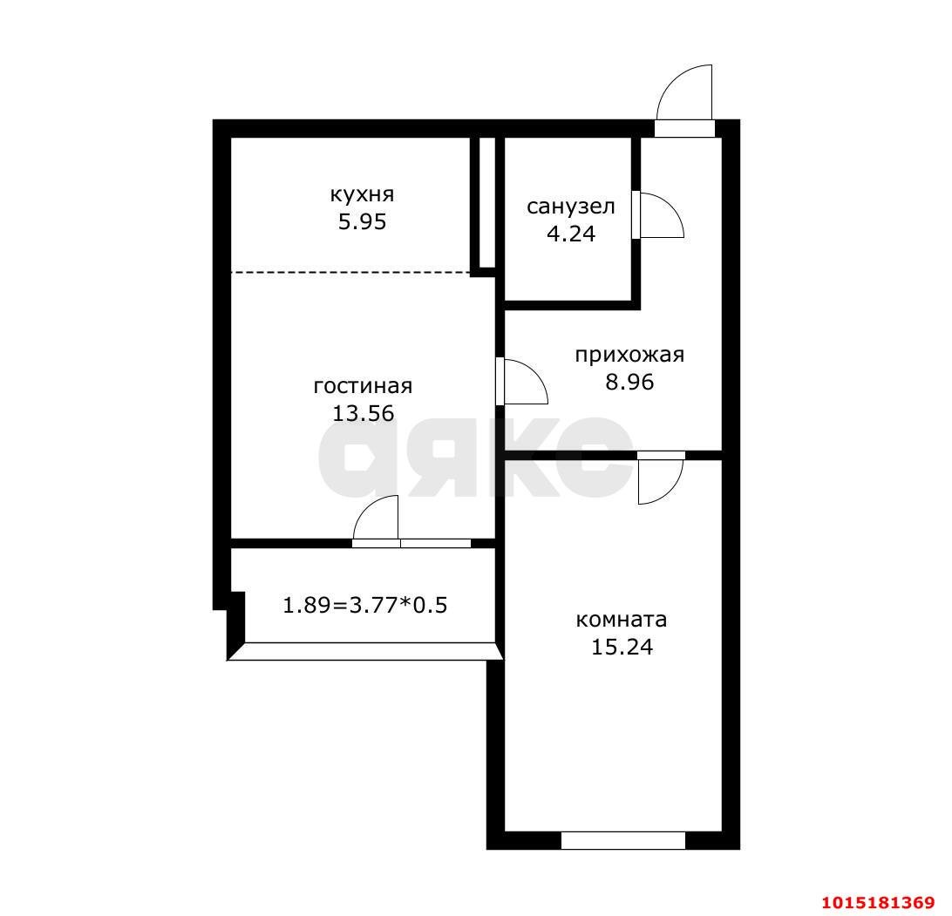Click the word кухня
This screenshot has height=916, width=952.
click(x=362, y=194)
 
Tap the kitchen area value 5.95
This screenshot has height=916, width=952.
click(x=362, y=221)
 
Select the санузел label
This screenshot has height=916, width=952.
click(x=571, y=207)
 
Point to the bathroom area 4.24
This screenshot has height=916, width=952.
click(x=571, y=234)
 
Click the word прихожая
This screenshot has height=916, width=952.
click(x=629, y=355)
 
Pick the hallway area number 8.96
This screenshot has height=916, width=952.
click(x=629, y=382)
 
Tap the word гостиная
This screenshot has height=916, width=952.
click(x=363, y=386)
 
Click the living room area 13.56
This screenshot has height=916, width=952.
click(x=363, y=413)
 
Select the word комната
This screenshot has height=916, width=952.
click(x=621, y=620)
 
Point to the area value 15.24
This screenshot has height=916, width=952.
click(x=622, y=647)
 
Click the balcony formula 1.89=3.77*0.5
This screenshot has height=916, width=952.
click(x=365, y=605)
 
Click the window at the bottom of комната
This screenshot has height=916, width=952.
click(x=623, y=840)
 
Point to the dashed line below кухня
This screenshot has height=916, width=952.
click(x=351, y=272)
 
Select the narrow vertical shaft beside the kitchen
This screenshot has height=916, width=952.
click(x=487, y=202)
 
